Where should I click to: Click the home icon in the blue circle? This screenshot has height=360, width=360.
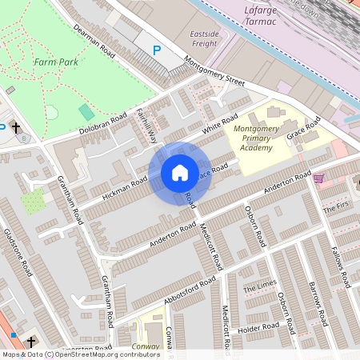(179, 173)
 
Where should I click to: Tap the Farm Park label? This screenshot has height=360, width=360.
(55, 61)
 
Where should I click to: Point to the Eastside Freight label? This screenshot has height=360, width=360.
(204, 39)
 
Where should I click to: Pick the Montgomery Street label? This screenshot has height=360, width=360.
(214, 70)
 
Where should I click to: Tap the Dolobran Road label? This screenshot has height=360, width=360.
(102, 125)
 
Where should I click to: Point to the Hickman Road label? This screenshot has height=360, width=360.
(125, 189)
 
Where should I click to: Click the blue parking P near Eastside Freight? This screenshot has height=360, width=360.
(157, 50)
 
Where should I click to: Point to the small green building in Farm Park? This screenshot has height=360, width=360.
(86, 113)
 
